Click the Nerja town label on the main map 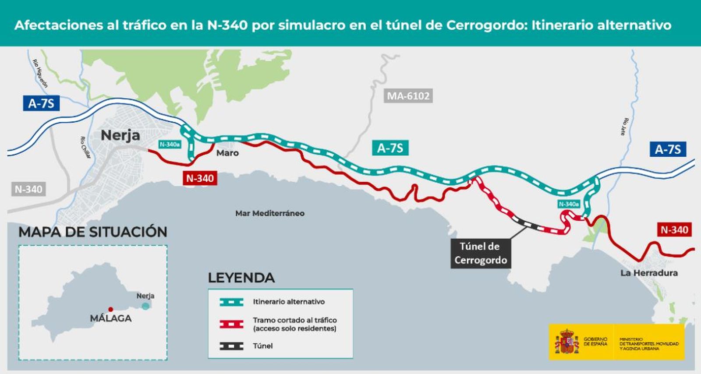(120, 135)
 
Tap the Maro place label (227, 153)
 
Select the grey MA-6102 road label (408, 96)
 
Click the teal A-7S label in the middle (390, 148)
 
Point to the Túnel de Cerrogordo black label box (480, 253)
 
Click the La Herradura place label (648, 273)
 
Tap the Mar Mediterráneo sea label (269, 213)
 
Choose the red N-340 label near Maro (200, 178)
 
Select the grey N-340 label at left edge (28, 189)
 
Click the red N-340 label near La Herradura (674, 229)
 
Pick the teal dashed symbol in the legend (231, 302)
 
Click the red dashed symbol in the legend (231, 324)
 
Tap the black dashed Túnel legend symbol (231, 346)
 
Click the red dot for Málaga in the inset (110, 309)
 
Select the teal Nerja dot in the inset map (145, 306)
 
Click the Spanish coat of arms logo (566, 342)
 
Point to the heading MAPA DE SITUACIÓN (92, 232)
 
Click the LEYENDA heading (241, 278)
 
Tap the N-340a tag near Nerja (170, 145)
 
